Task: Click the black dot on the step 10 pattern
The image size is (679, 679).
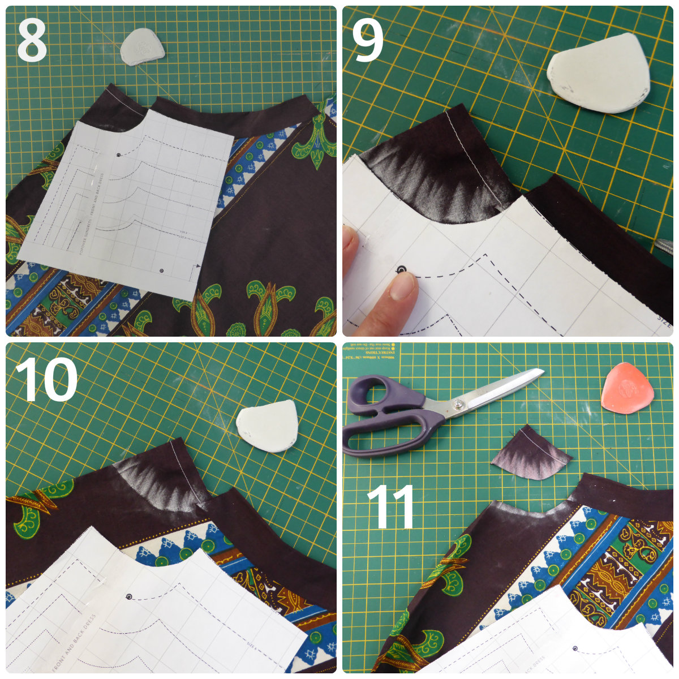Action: coord(130,596)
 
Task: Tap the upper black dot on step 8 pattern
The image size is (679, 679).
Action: coord(118,155)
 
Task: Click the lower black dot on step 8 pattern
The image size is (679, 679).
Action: coord(163,271)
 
